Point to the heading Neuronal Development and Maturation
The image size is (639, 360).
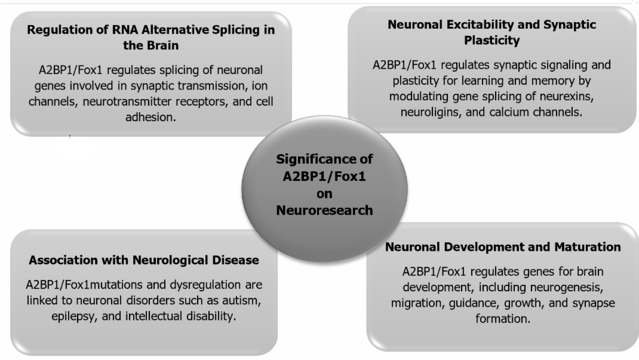[503, 247]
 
